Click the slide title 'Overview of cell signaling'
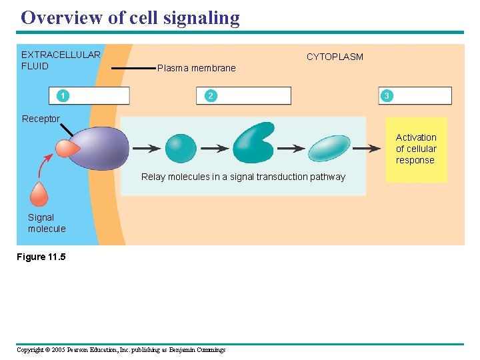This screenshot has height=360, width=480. click(130, 17)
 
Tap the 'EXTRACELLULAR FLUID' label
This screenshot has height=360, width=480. click(61, 60)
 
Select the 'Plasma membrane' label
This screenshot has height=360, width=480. click(196, 68)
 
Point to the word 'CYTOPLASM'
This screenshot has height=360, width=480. click(335, 57)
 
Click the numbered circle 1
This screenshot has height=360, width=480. click(61, 96)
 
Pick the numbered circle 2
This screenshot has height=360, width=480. click(211, 96)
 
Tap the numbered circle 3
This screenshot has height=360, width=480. click(386, 96)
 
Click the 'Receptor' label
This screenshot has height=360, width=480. click(41, 119)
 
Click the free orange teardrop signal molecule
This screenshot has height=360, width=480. click(39, 194)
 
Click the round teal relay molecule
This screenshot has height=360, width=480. click(180, 149)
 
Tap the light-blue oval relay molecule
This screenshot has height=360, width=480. click(329, 148)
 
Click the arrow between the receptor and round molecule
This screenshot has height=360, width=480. click(146, 148)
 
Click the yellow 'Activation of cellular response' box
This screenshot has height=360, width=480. click(416, 149)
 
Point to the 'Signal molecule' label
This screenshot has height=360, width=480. click(47, 223)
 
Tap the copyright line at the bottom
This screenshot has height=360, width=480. click(121, 350)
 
